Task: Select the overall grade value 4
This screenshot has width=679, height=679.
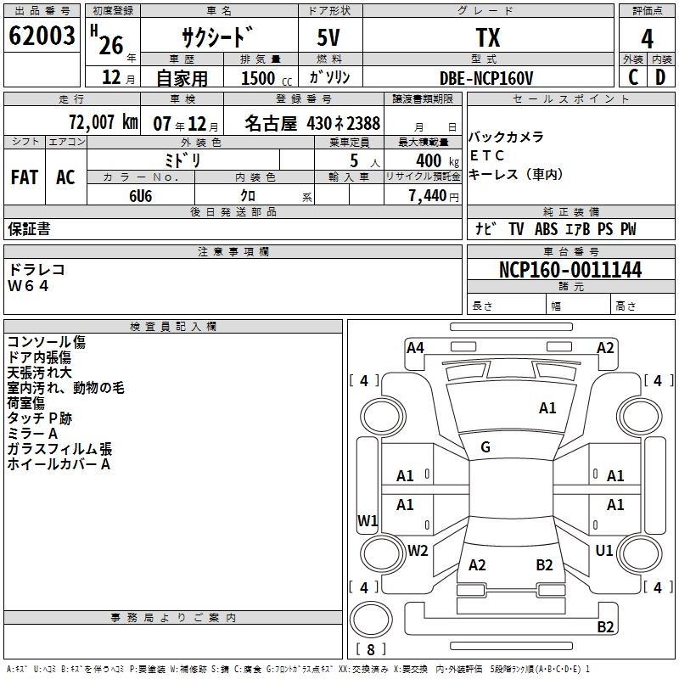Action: [648, 38]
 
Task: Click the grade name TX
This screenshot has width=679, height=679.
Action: [487, 38]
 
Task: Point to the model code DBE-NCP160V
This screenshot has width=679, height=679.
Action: [486, 78]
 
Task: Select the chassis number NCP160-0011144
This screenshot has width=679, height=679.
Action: [570, 271]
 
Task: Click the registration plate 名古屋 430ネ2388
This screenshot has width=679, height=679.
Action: [312, 123]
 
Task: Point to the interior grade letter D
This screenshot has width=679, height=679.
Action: [659, 76]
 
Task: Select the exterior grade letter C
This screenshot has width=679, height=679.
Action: [632, 76]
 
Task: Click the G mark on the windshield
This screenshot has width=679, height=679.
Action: [485, 447]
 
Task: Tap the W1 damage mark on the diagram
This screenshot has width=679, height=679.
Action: [368, 520]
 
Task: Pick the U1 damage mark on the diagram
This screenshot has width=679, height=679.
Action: [604, 551]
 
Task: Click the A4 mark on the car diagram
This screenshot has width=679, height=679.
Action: [415, 347]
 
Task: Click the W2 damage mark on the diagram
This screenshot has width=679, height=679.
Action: [418, 551]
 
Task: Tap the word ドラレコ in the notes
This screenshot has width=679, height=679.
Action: [36, 269]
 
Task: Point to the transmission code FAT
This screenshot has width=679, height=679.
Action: [25, 177]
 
